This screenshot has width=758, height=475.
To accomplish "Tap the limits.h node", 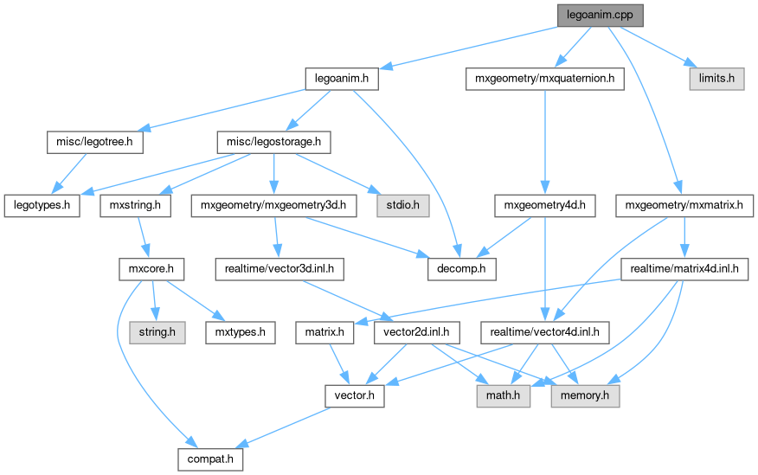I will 716,79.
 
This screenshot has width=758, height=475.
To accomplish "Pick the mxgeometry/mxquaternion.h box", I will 544,79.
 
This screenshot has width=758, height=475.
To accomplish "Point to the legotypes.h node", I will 42,206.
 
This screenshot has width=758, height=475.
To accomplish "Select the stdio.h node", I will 397,206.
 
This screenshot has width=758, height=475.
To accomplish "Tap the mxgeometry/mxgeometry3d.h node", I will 273,206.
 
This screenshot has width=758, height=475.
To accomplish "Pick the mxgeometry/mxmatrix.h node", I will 684,206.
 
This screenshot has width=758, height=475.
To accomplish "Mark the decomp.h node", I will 462,269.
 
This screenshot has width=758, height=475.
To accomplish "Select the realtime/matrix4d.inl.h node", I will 684,269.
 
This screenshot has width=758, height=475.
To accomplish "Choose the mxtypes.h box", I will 240,332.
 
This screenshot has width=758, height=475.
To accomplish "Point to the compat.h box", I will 210,459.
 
